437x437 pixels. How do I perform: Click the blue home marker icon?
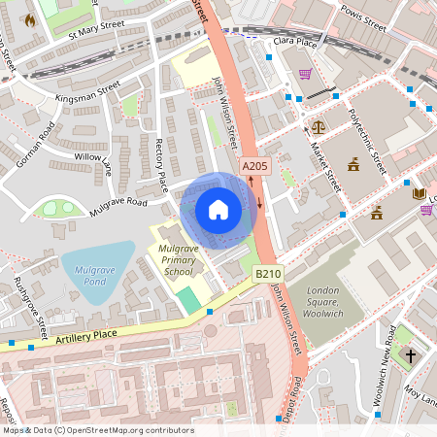point(218,210)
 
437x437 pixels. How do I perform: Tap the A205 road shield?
point(253,166)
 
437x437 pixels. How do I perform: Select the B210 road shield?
point(268,275)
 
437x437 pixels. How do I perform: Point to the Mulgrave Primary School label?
point(179,261)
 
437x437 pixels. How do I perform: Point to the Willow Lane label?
point(93,162)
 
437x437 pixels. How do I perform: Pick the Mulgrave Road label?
point(118,202)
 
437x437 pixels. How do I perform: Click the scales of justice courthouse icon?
point(318,127)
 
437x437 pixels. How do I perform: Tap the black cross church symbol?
point(410,355)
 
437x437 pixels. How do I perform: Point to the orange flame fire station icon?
point(30,19)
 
